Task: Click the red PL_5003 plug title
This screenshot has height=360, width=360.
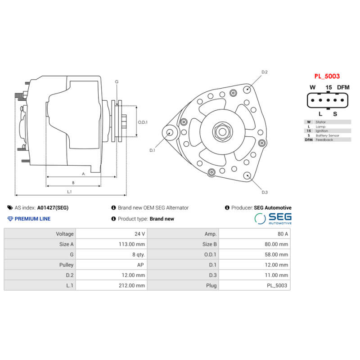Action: tap(327, 76)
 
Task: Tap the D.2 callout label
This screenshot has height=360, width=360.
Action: tap(265, 72)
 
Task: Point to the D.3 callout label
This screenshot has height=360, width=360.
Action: tap(265, 192)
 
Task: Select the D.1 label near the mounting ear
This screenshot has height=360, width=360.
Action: tap(152, 150)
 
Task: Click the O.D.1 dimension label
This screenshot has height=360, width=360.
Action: tap(143, 122)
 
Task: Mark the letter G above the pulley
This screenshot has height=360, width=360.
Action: tap(117, 81)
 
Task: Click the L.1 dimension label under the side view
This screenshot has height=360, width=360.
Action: tap(70, 191)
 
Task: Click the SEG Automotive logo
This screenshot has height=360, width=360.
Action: tap(273, 219)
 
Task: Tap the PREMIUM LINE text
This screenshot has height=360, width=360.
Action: tap(32, 219)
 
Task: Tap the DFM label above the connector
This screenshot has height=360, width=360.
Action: tap(343, 87)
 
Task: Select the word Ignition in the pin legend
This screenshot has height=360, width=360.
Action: tap(322, 131)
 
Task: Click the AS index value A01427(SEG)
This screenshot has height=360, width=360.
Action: tap(53, 208)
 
